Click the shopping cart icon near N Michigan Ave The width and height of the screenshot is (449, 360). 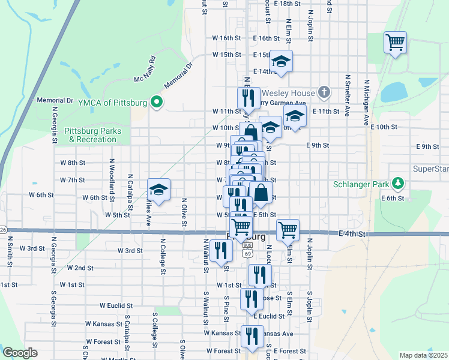click(396, 42)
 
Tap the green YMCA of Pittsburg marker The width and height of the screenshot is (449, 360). click(157, 103)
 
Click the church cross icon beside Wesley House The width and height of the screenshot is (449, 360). click(324, 92)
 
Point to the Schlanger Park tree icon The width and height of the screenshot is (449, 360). click(396, 182)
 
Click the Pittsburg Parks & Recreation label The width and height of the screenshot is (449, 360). click(92, 135)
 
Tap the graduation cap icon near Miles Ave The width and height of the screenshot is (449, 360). click(158, 190)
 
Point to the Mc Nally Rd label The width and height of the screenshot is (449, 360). click(145, 70)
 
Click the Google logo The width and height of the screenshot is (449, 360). click(20, 353)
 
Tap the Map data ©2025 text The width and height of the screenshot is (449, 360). click(423, 355)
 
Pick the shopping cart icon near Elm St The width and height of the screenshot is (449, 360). click(288, 229)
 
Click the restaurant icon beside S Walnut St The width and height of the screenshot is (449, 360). click(221, 250)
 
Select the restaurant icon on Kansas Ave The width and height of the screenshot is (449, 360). click(252, 336)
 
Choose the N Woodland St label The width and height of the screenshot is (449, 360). click(111, 174)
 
